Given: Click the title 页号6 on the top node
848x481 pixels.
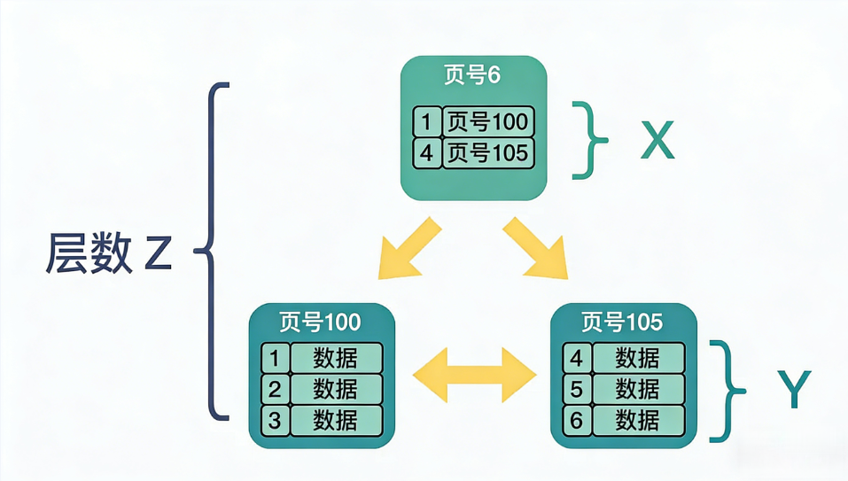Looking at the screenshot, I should (472, 75).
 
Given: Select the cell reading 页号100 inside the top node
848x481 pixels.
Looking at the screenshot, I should (486, 120).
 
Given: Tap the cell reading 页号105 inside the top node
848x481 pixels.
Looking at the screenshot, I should (486, 152).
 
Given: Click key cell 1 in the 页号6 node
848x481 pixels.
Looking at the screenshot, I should (427, 120).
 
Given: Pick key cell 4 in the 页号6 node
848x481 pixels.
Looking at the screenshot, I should (427, 152).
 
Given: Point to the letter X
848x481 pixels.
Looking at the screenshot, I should (657, 140).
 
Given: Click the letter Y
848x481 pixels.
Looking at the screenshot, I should (794, 390).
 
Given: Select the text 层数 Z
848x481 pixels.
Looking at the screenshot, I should (108, 254).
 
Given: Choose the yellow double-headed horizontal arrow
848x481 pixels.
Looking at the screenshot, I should (475, 375).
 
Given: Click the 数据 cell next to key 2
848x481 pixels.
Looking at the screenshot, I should (336, 389).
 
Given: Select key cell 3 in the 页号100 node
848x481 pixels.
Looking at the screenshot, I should (275, 419).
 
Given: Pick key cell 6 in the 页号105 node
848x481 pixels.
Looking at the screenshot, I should (577, 419).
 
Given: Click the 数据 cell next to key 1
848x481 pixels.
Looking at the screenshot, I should (336, 358).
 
